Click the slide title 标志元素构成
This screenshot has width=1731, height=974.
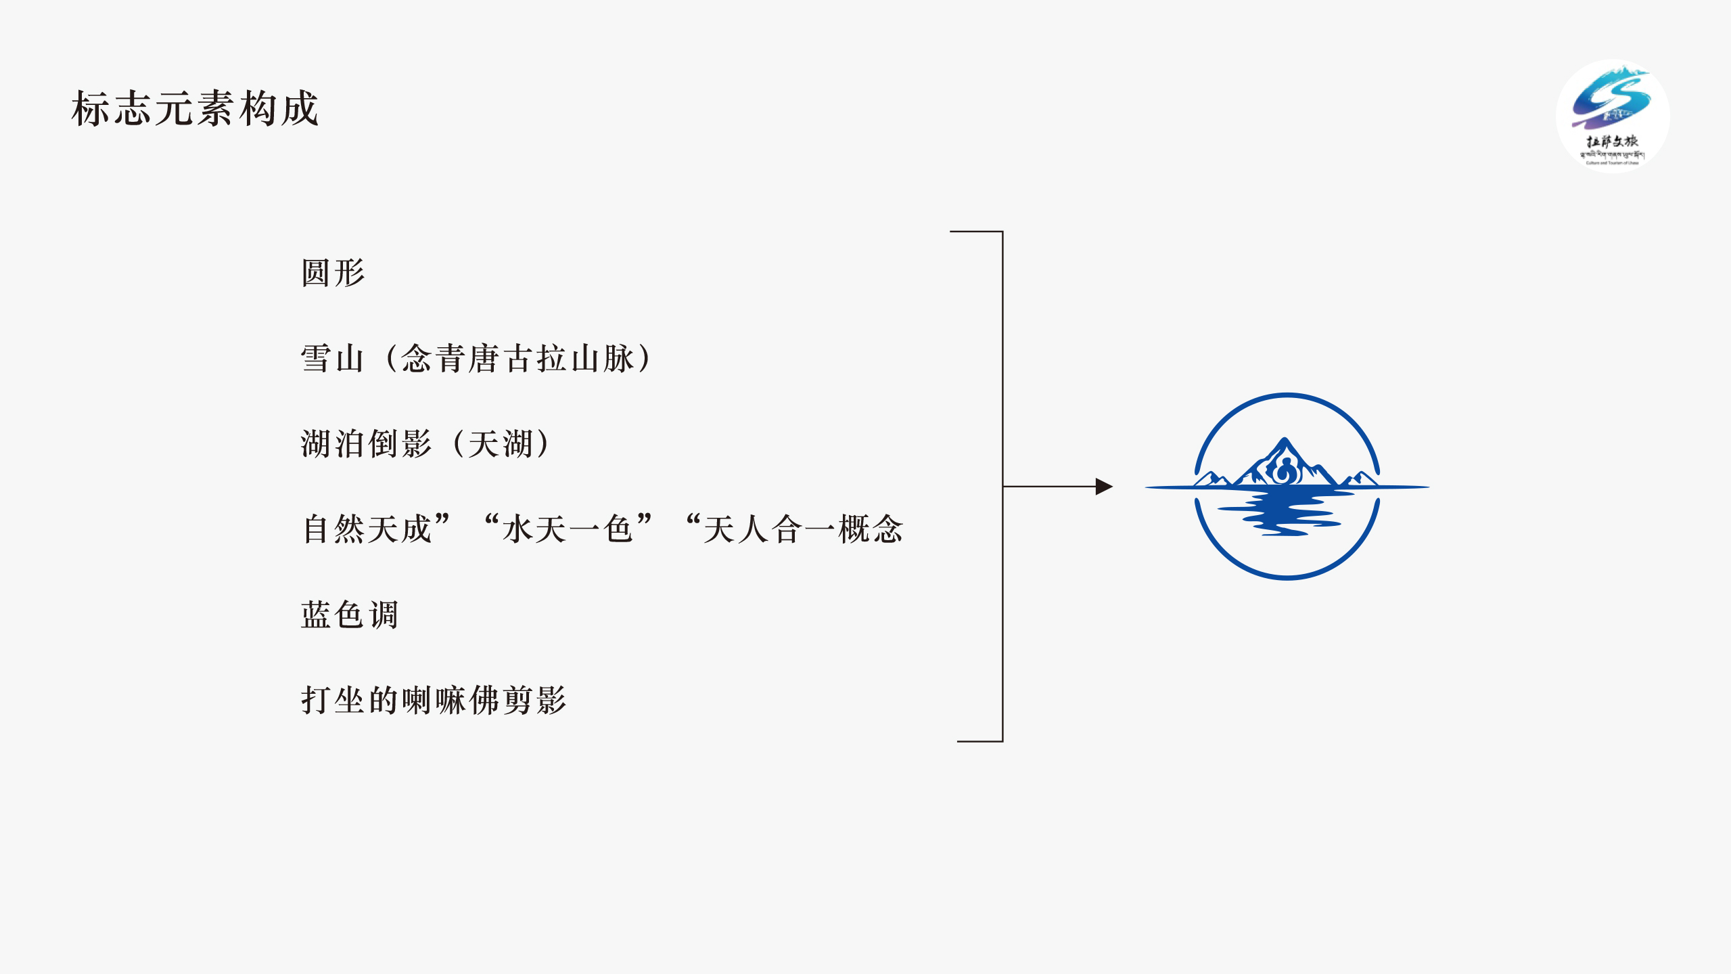tap(195, 108)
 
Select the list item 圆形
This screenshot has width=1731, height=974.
tap(333, 273)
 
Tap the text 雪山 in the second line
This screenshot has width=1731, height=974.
tap(332, 358)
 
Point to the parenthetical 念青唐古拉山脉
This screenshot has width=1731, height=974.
tap(519, 358)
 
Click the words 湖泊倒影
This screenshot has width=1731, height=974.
tap(366, 444)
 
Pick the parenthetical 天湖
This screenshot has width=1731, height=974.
tap(501, 444)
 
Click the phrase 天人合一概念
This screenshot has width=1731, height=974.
tap(803, 529)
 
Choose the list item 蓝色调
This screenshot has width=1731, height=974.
tap(350, 615)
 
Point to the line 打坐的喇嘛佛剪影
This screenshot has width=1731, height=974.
tap(434, 700)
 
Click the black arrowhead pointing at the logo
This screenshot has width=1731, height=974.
tap(1103, 486)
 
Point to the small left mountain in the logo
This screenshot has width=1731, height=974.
tap(1211, 479)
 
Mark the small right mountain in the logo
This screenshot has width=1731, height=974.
tap(1359, 479)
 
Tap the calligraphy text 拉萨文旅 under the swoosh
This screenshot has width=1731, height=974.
tap(1613, 141)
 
